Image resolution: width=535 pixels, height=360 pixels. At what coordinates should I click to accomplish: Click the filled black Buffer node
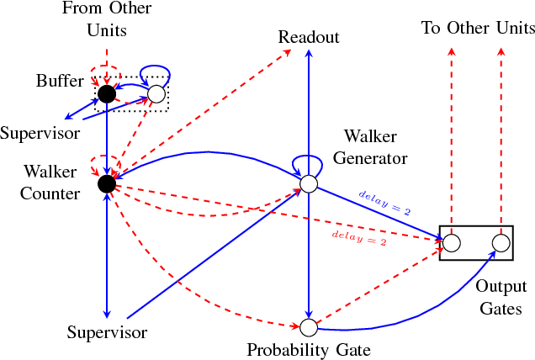[106, 93]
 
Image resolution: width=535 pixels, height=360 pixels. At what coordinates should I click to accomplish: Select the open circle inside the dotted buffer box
[156, 93]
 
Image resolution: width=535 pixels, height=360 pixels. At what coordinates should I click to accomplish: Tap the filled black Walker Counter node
[106, 183]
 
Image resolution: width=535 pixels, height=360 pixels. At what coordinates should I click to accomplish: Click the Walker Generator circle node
[309, 183]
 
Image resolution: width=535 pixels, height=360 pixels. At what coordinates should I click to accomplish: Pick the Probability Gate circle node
[309, 326]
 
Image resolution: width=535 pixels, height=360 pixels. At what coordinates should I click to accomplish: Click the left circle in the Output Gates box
[451, 244]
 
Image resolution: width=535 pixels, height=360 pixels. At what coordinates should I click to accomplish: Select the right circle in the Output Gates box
[501, 244]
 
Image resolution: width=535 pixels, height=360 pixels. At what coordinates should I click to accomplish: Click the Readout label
[309, 37]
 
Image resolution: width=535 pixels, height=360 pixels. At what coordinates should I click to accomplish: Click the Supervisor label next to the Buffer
[40, 133]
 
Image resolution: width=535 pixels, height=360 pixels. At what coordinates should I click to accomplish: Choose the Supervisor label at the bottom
[107, 332]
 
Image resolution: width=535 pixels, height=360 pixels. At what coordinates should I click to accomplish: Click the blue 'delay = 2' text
[384, 203]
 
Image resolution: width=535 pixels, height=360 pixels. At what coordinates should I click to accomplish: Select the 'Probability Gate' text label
[308, 349]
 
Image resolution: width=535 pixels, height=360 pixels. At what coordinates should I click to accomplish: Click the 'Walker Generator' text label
[375, 146]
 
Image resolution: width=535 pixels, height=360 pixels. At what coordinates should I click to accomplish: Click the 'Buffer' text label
[60, 82]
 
